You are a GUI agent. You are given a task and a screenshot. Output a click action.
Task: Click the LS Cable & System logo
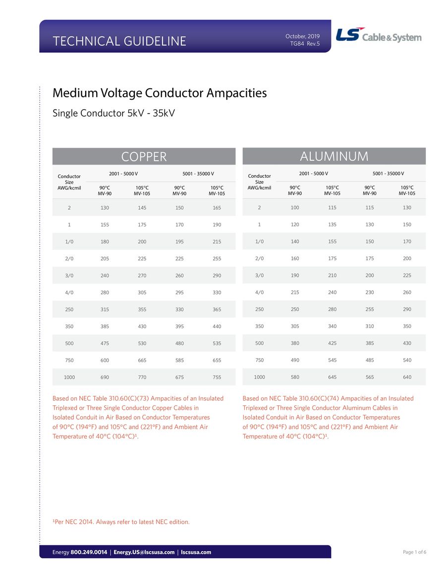coord(379,36)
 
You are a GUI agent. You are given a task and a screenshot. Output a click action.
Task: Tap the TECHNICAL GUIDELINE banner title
coord(119,41)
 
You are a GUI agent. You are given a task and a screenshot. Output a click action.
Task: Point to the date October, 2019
coord(302,36)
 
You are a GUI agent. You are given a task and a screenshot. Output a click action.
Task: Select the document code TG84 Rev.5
coord(305,44)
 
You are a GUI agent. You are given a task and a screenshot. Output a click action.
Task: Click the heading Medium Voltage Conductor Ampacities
coord(160,93)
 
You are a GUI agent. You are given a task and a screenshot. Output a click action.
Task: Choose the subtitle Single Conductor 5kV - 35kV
coord(113,113)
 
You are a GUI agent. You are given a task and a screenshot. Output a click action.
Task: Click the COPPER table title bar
coord(144,157)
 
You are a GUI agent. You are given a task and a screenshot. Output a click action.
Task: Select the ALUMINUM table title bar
coord(334,156)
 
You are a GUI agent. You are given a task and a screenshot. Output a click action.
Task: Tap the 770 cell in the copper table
coord(142,377)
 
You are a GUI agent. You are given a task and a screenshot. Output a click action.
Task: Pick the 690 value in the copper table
coord(105,377)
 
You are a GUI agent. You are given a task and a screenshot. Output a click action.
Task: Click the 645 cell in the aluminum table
coord(332,377)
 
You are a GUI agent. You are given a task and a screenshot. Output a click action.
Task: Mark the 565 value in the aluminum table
coord(370,377)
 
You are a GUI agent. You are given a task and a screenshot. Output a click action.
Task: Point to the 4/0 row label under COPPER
coord(69,292)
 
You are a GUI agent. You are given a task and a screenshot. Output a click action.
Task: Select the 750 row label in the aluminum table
coord(259,360)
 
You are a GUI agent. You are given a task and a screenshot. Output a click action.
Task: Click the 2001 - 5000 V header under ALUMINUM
coord(313,173)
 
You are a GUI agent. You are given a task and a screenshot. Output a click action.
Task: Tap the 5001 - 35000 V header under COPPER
coord(198,173)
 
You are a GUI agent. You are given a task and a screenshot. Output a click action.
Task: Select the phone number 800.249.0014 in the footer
coord(89,552)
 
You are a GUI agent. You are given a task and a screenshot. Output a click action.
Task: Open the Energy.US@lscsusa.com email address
coord(144,552)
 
